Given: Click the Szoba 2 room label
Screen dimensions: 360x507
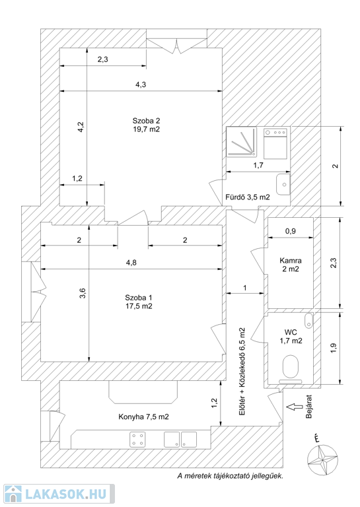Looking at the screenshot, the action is click(146, 125).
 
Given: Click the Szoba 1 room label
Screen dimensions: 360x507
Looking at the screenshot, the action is click(139, 302).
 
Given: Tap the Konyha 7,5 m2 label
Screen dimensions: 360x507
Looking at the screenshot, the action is click(143, 417).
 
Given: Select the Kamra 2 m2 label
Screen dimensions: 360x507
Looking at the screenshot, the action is click(291, 265).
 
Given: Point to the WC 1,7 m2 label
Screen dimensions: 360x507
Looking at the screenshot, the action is click(291, 336).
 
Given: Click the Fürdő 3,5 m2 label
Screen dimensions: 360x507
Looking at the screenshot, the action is click(248, 197).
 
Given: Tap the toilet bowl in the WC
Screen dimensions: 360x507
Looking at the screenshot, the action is click(291, 366).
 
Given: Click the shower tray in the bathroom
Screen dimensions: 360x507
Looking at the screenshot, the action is click(241, 142).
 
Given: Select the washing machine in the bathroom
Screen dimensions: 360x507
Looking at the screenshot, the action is click(275, 143).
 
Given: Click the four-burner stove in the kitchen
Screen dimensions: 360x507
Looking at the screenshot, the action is click(137, 440).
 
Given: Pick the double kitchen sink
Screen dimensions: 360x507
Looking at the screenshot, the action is click(180, 440).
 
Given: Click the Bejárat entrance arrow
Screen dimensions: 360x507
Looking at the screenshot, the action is click(295, 407).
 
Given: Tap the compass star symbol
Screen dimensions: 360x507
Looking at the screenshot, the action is click(322, 459).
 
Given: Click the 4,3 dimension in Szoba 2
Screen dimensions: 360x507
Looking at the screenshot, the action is click(141, 84).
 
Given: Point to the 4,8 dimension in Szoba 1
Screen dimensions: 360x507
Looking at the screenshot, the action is click(131, 263).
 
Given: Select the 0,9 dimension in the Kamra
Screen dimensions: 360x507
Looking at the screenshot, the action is click(291, 231).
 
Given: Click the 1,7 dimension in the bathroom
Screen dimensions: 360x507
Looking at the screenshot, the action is click(258, 165).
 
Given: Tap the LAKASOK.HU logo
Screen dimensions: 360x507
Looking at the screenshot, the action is click(59, 494).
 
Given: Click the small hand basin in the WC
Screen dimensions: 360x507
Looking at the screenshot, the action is click(309, 320).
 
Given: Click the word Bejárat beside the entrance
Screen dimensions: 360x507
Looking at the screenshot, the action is click(309, 407).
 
